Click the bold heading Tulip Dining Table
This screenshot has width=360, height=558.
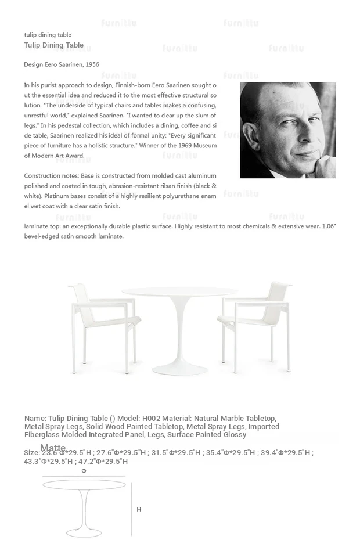(x=53, y=45)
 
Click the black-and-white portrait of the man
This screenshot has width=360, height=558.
(x=287, y=130)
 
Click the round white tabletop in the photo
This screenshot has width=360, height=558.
(x=179, y=292)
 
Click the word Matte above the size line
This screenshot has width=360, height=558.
(x=53, y=448)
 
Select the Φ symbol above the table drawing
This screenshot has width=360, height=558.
(x=84, y=471)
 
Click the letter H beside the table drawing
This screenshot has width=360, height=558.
(x=139, y=509)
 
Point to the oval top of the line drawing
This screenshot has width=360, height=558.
(x=84, y=484)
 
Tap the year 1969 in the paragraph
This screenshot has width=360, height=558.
(x=178, y=145)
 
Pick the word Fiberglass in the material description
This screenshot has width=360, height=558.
(x=44, y=435)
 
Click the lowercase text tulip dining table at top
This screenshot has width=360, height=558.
(x=48, y=35)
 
